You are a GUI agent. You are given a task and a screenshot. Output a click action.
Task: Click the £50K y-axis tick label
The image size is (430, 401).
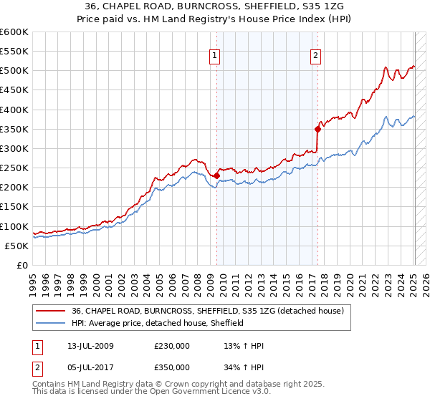point(17,246)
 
